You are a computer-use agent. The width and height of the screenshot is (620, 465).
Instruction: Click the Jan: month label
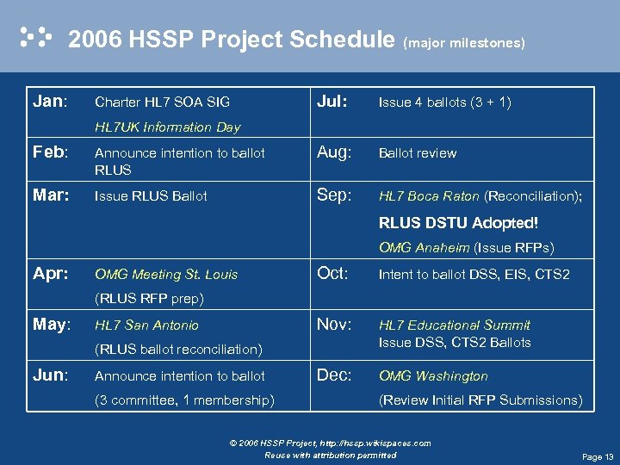[x=50, y=102]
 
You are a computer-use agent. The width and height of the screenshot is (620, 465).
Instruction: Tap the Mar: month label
[x=51, y=195]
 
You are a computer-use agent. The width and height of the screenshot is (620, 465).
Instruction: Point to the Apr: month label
[x=51, y=274]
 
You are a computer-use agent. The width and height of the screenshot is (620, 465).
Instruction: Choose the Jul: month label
[x=332, y=102]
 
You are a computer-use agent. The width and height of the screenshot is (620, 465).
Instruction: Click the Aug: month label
[x=335, y=152]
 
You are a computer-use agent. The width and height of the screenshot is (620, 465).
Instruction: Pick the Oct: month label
[x=333, y=274]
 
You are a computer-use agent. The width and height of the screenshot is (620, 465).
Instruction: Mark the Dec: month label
[x=334, y=375]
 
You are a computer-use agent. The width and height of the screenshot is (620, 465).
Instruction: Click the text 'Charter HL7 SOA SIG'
[x=162, y=102]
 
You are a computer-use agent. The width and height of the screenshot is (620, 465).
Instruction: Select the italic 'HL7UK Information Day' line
[x=167, y=127]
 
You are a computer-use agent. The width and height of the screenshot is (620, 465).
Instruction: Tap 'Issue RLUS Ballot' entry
[x=151, y=196]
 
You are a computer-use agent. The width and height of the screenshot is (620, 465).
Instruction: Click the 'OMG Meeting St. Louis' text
[x=166, y=275]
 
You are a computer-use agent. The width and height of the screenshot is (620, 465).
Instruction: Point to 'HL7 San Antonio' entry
[x=146, y=325]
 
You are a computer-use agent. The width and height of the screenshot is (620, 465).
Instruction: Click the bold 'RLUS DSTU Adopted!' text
[x=458, y=223]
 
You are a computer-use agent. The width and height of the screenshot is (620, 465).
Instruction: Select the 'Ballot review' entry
[x=418, y=153]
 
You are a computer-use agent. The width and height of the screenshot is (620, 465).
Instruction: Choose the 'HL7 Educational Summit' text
[x=455, y=325]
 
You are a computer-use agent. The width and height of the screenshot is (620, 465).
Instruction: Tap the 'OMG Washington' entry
[x=433, y=376]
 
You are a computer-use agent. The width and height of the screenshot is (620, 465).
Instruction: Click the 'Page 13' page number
[x=598, y=456]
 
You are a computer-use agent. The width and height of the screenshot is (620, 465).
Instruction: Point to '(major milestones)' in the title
[x=464, y=42]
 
